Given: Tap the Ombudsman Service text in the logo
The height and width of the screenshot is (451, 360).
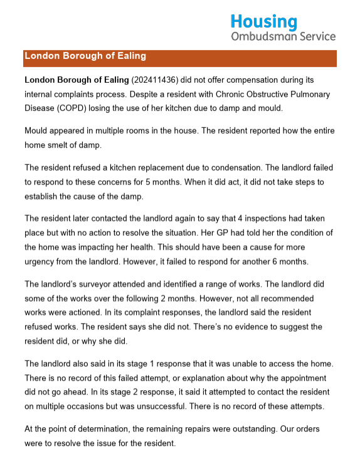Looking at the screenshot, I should point(283,36).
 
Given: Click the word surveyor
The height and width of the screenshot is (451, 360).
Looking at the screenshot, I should point(99,285).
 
